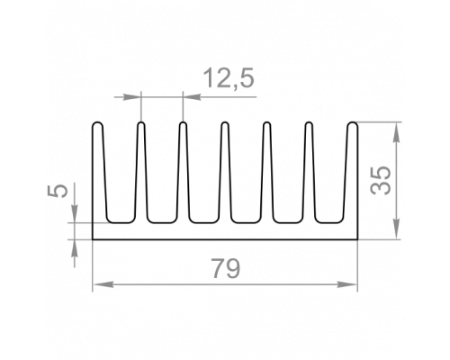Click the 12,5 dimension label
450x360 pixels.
pyautogui.click(x=229, y=78)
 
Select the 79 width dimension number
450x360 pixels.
pyautogui.click(x=226, y=268)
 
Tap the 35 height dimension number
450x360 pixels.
pyautogui.click(x=381, y=180)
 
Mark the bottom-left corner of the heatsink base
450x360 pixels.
pyautogui.click(x=93, y=239)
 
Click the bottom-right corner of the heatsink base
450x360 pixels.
pyautogui.click(x=357, y=239)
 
